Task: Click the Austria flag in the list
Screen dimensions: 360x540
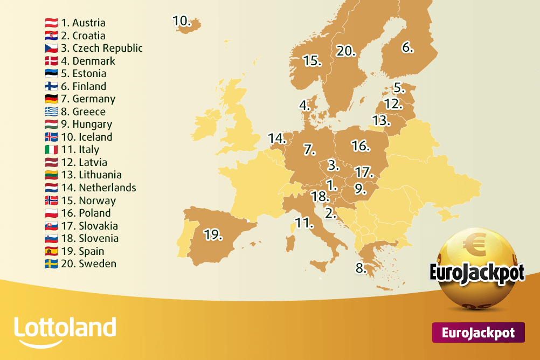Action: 51,23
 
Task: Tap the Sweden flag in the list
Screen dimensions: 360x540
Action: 51,264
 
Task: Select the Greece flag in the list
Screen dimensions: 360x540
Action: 51,112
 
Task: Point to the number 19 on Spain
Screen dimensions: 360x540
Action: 212,235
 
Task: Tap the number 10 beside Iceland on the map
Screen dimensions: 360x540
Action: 182,20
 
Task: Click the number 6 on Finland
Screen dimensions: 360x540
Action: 407,47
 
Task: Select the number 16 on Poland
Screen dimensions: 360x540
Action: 360,146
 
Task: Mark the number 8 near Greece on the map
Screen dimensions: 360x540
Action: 361,267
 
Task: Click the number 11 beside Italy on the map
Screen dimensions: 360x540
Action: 304,222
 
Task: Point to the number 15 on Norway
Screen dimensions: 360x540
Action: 312,60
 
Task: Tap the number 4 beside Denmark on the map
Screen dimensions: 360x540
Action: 305,105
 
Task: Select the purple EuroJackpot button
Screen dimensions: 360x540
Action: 478,333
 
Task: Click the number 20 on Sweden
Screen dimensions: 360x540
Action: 345,51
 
